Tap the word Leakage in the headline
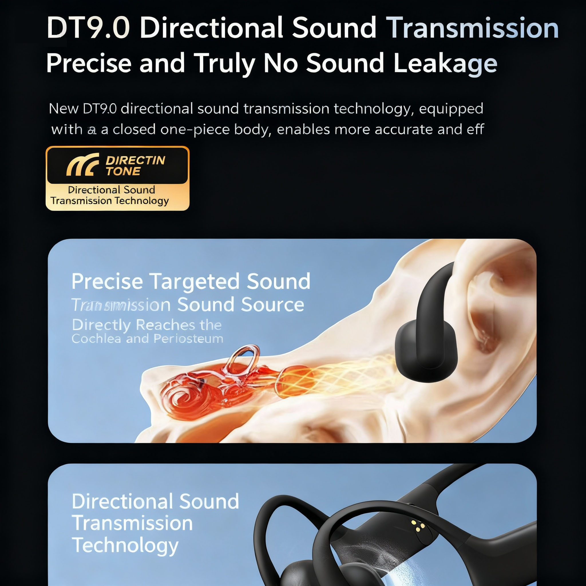(x=445, y=63)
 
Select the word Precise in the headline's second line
(x=89, y=63)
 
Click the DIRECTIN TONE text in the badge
(x=135, y=166)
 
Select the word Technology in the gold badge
(x=141, y=201)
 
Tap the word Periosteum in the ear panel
(x=188, y=338)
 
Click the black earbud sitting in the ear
(x=425, y=343)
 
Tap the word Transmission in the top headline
(x=473, y=28)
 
